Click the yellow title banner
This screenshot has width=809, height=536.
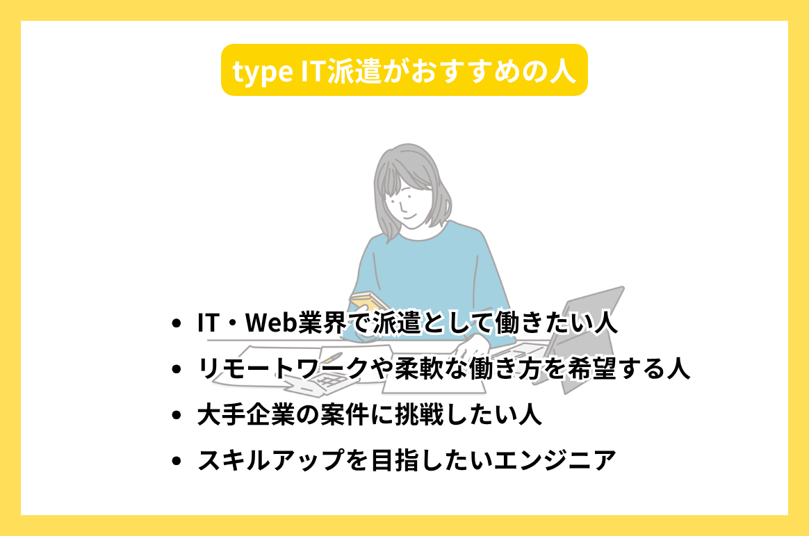(x=404, y=70)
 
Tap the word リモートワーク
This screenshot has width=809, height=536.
(x=281, y=369)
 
